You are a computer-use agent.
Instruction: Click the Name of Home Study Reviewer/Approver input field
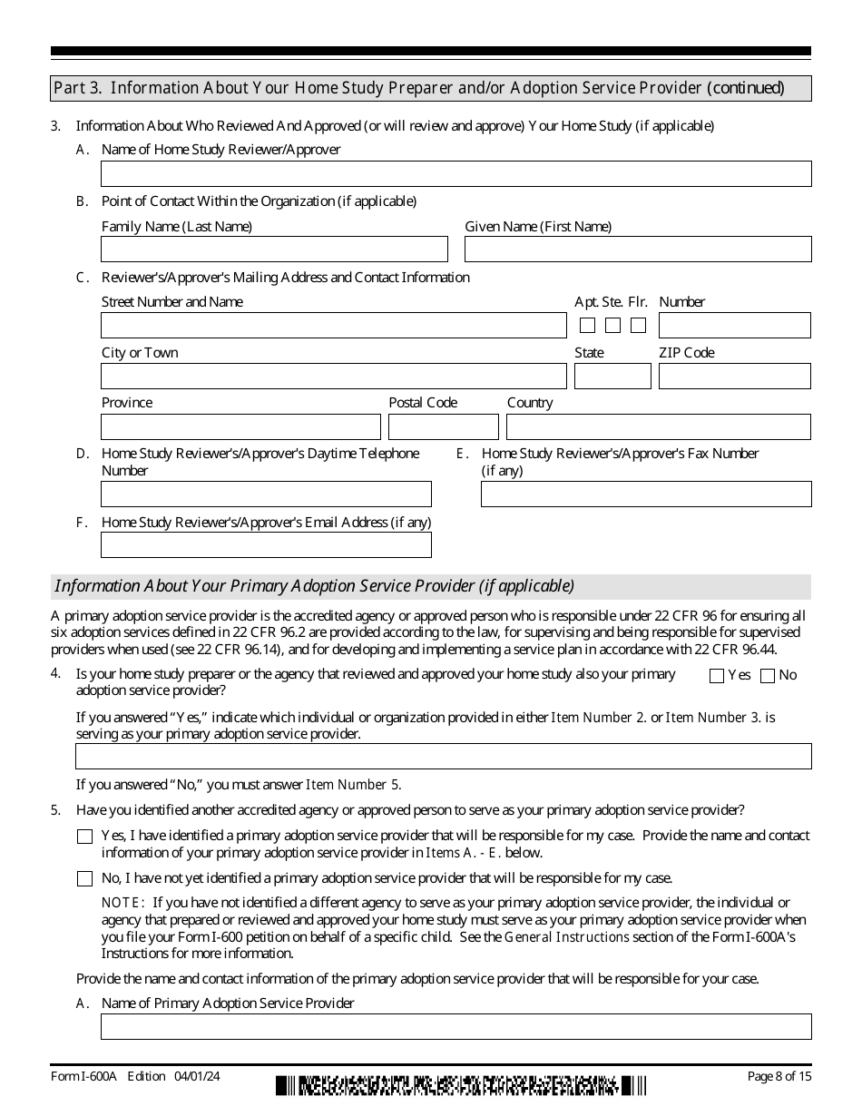coord(455,174)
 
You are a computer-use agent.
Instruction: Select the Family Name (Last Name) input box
coord(274,250)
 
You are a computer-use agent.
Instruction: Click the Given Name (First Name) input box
coord(638,250)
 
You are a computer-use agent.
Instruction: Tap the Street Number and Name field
coord(333,326)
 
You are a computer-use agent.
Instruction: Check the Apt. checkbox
coord(587,326)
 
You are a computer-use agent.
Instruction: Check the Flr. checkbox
coord(639,326)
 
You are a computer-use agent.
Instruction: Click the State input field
coord(612,377)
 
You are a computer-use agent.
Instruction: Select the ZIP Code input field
coord(734,377)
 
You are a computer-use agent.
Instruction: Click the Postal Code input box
coord(444,427)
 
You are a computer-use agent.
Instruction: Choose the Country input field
coord(658,427)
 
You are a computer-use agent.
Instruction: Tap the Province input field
coord(240,427)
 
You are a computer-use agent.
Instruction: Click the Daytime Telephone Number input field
coord(266,494)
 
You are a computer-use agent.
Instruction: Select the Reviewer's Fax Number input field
coord(646,494)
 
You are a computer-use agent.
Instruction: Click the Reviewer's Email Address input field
coord(266,545)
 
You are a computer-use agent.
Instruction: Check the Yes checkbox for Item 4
coord(717,676)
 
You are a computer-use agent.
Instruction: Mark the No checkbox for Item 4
coord(768,676)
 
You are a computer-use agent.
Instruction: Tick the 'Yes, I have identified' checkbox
coord(84,837)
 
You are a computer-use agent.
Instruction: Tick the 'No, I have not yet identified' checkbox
coord(84,878)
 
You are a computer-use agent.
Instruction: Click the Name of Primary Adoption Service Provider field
coord(455,1027)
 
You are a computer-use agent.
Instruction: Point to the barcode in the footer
coord(461,1085)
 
